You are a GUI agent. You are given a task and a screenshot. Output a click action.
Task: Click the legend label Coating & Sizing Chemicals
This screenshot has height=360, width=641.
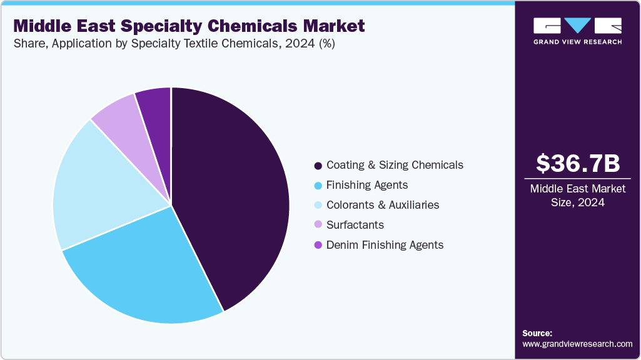pyautogui.click(x=395, y=165)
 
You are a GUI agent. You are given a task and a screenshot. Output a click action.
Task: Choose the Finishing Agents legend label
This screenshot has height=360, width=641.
pyautogui.click(x=367, y=185)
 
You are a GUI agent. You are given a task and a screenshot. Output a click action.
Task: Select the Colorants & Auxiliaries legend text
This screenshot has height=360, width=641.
pyautogui.click(x=383, y=205)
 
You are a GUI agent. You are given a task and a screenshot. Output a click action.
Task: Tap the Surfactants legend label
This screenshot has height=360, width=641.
pyautogui.click(x=355, y=225)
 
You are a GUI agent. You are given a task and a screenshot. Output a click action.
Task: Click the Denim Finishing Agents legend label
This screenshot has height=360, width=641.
pyautogui.click(x=385, y=245)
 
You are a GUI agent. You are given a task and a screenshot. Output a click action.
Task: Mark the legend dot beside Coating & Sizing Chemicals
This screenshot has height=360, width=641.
pyautogui.click(x=318, y=166)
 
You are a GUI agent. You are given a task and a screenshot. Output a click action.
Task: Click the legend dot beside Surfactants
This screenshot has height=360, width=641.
pyautogui.click(x=318, y=225)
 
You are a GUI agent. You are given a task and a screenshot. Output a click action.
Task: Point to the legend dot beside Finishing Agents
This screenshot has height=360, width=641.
pyautogui.click(x=318, y=186)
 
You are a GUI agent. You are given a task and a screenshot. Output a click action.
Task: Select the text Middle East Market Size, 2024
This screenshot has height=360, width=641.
pyautogui.click(x=578, y=195)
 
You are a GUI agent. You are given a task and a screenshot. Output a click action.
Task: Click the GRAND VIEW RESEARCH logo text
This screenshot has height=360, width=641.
pyautogui.click(x=577, y=42)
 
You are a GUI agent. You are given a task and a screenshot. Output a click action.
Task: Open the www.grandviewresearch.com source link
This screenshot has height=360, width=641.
pyautogui.click(x=577, y=344)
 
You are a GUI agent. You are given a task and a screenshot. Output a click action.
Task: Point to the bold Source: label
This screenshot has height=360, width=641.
pyautogui.click(x=537, y=333)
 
